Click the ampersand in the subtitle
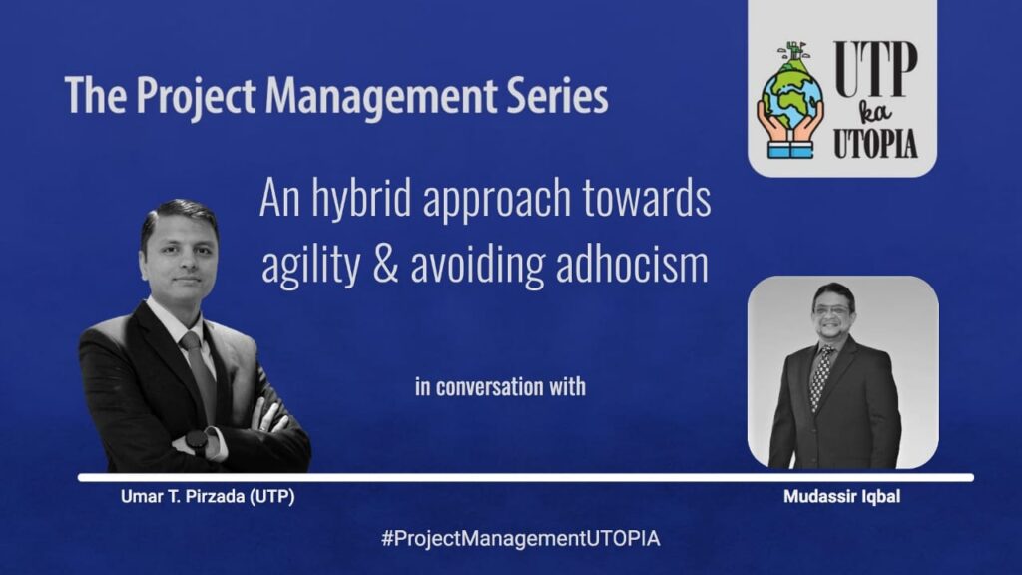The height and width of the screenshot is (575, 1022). coord(386,264)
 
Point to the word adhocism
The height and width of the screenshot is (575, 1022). coord(632,263)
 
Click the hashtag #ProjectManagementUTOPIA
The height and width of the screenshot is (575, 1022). coord(520,538)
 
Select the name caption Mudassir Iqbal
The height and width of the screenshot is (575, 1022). coord(842,497)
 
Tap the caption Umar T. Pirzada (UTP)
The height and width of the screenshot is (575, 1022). coord(208,497)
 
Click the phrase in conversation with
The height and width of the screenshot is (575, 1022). coord(501,386)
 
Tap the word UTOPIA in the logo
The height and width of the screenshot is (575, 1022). coord(876,143)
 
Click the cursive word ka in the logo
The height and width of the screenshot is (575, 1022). coord(875,114)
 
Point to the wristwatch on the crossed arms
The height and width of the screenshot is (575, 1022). coord(197,441)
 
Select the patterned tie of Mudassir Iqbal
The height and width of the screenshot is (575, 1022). coord(822,376)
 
